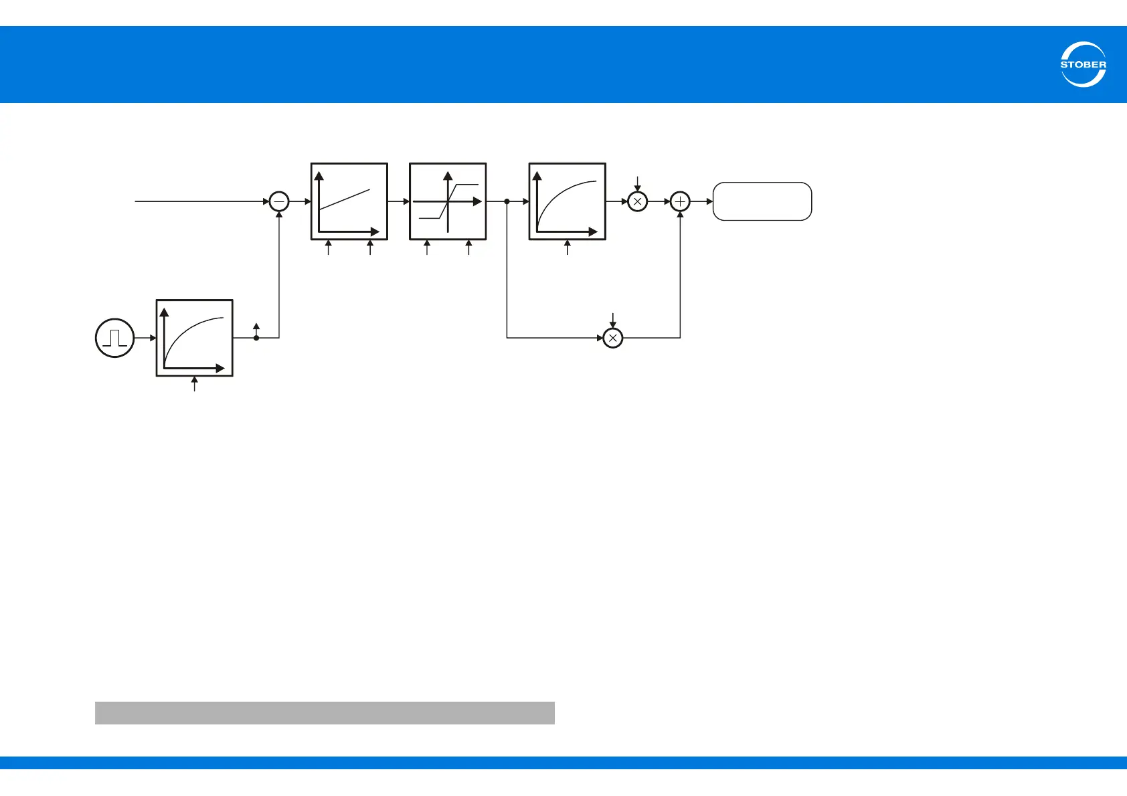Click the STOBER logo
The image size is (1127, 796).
(1083, 64)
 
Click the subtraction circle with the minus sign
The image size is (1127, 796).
(278, 201)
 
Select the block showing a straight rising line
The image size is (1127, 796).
(349, 201)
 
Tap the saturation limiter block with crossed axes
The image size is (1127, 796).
(448, 201)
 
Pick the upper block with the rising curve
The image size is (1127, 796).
(568, 201)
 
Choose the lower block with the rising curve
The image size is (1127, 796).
(195, 338)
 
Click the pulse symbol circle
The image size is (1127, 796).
(114, 338)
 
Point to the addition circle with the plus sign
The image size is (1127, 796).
(680, 201)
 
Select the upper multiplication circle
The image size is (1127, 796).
(638, 201)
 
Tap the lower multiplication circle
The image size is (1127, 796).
(613, 338)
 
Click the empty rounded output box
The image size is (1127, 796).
(762, 201)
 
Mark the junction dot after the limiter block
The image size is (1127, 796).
(507, 201)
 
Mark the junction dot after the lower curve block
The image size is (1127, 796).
(256, 338)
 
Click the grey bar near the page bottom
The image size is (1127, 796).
(325, 713)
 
